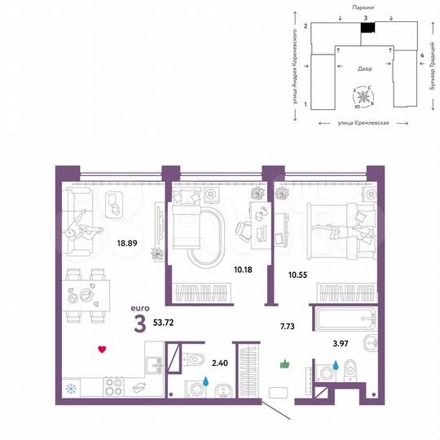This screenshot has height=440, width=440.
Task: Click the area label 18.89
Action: (x=125, y=243)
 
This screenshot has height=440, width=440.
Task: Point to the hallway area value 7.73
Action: (x=286, y=326)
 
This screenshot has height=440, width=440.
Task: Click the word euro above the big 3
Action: (x=140, y=308)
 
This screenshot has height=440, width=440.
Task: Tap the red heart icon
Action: (x=102, y=350)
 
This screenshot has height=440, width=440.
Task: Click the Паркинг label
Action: (x=365, y=7)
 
